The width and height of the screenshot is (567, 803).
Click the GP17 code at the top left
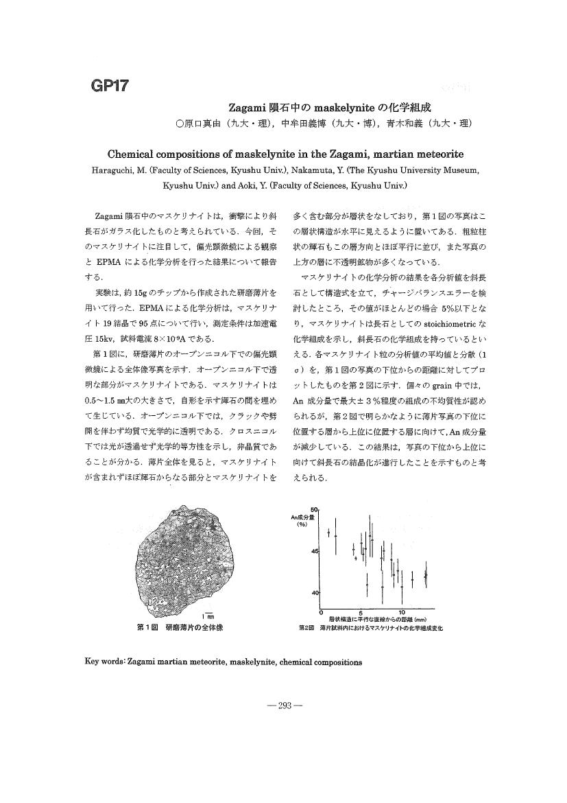click(x=110, y=86)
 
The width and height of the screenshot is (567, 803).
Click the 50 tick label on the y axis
click(x=315, y=509)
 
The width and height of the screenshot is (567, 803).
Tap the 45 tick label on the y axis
click(x=315, y=551)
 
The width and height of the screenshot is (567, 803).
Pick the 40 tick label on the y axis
click(x=315, y=592)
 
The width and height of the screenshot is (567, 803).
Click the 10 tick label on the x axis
click(x=402, y=612)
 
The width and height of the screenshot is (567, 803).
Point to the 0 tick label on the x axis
click(x=321, y=612)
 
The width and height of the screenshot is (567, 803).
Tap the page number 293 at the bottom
click(x=283, y=706)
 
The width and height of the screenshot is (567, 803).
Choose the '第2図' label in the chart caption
click(x=306, y=627)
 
